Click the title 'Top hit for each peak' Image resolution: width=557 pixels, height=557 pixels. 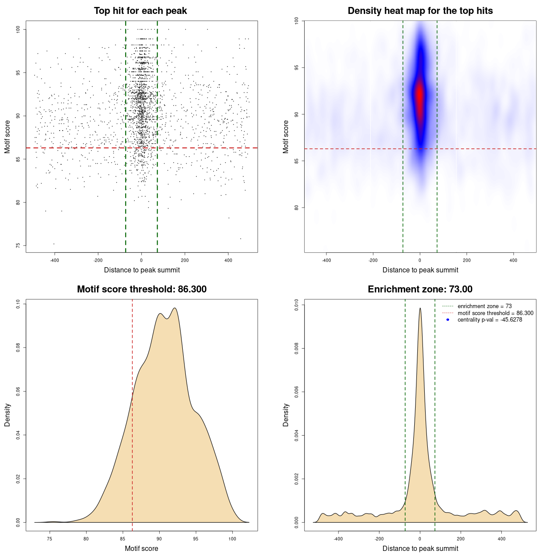[141, 11]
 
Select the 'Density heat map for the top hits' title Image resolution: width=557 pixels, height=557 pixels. [420, 11]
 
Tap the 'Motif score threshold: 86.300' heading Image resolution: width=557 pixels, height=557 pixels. [141, 289]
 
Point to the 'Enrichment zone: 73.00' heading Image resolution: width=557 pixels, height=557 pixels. [420, 289]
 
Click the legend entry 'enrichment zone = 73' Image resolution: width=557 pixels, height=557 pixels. [484, 306]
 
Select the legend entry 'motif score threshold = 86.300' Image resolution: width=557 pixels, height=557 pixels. [495, 313]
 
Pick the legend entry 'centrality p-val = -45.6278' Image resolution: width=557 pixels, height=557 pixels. [490, 320]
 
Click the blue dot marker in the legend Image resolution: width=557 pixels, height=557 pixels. [448, 320]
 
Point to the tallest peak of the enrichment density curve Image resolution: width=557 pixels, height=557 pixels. [420, 309]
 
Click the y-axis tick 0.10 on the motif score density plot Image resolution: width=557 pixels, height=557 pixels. [18, 304]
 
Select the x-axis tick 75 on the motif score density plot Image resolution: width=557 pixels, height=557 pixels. [50, 539]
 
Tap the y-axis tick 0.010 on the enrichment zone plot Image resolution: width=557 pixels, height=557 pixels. [296, 305]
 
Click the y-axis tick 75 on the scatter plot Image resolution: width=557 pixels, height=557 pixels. [18, 245]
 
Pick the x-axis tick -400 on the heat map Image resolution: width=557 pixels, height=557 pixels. [326, 260]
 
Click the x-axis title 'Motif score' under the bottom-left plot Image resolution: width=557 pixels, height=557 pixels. [141, 548]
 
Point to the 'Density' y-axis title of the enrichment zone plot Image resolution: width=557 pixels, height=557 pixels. [286, 415]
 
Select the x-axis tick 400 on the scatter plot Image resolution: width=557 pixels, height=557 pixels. [228, 260]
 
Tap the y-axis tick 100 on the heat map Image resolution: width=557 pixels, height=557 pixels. [296, 20]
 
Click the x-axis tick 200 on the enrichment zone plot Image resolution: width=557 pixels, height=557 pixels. [461, 539]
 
